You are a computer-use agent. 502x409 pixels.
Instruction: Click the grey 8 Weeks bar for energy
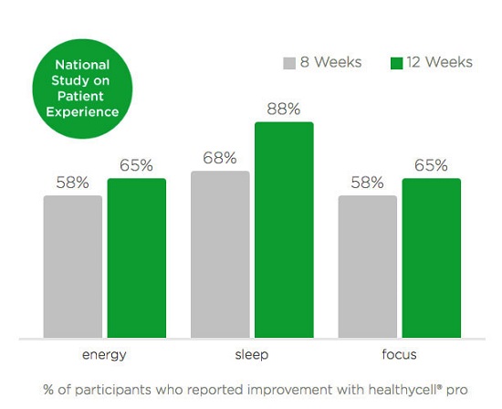click(x=73, y=267)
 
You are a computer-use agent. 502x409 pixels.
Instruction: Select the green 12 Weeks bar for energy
click(x=137, y=257)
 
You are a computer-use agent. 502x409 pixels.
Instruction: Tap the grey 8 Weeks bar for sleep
click(x=220, y=255)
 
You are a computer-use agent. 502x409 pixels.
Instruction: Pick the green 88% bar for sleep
click(x=284, y=230)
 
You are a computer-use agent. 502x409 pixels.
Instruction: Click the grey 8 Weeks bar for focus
click(x=368, y=267)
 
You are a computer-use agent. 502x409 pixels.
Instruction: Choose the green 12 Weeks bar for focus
click(x=432, y=257)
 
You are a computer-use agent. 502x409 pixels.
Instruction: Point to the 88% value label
click(x=284, y=109)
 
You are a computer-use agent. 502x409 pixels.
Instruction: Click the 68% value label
click(x=220, y=158)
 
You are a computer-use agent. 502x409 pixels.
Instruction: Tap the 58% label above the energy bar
click(x=72, y=183)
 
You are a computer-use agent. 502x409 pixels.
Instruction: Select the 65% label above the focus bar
click(x=431, y=165)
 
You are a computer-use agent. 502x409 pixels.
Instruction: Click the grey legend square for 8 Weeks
click(x=289, y=63)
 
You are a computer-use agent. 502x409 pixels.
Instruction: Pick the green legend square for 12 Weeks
click(x=397, y=63)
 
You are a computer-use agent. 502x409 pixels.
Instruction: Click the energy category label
click(x=104, y=355)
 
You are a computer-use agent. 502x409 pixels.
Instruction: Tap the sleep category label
click(x=252, y=354)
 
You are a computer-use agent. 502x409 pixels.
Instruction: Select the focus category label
click(x=399, y=354)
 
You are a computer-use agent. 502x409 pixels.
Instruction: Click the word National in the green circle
click(x=82, y=65)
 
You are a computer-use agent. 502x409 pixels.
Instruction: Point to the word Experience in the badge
click(x=82, y=112)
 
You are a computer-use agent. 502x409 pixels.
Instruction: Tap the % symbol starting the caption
click(x=48, y=390)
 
